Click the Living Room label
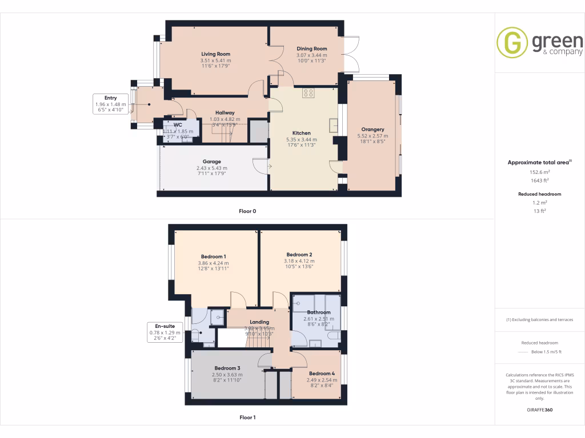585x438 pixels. coord(215,54)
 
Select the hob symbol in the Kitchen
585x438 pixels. coord(308,93)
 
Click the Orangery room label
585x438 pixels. coord(372,129)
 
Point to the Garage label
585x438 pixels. coord(211,161)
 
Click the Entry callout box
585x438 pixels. coord(110,104)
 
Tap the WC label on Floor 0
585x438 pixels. coord(178,124)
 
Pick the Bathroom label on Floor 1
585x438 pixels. coord(318,313)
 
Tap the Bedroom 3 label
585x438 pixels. coord(227,368)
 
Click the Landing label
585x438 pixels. coord(259,322)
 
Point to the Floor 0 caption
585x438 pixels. coord(247,211)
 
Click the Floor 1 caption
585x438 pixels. coord(247,417)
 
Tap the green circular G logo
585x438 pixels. coord(512,43)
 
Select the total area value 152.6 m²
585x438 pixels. coord(539,172)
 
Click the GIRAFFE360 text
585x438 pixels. coord(539,410)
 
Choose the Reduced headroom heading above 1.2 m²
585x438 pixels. coord(539,194)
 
